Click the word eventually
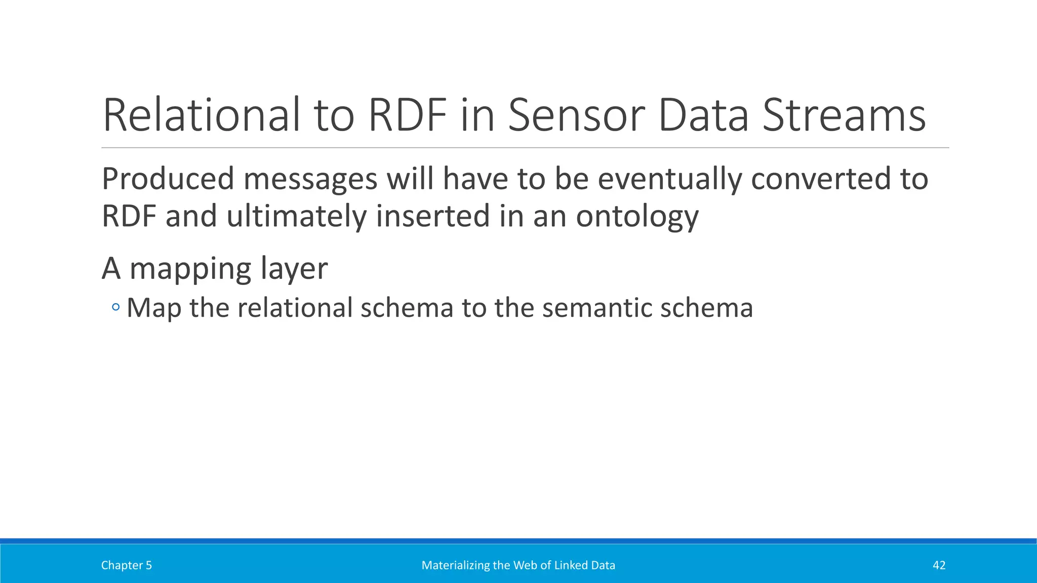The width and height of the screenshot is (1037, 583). click(669, 180)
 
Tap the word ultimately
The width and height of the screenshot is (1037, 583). click(296, 217)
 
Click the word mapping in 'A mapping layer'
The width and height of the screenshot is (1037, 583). click(190, 270)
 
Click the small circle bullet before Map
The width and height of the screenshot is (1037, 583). click(116, 307)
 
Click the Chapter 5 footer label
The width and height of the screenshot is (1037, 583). click(127, 565)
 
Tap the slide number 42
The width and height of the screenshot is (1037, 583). click(939, 565)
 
